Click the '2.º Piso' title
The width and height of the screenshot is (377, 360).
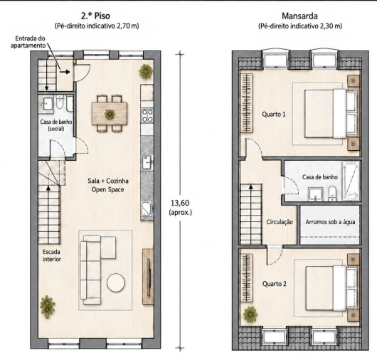(x=96, y=16)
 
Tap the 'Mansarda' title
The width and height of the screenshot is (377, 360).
(x=299, y=16)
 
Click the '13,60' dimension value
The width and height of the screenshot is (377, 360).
(x=180, y=203)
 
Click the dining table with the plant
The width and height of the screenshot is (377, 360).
(x=110, y=113)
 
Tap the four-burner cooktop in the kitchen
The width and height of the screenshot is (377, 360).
(x=147, y=116)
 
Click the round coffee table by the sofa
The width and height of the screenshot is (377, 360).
(x=116, y=282)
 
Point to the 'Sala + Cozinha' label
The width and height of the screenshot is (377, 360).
(x=108, y=181)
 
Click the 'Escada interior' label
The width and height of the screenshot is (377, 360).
(x=51, y=255)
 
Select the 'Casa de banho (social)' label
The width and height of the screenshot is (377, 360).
(x=56, y=125)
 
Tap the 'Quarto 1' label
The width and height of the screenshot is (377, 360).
(x=274, y=115)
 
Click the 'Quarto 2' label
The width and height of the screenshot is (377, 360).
(x=275, y=284)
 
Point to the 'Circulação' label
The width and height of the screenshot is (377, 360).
(x=280, y=222)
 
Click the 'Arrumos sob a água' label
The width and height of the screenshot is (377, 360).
(x=330, y=222)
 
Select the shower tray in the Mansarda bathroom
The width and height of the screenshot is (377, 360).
(x=351, y=181)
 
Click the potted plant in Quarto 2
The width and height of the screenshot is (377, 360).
(x=250, y=314)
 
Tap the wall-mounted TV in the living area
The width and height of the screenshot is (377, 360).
(x=149, y=277)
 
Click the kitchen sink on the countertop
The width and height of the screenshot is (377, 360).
(x=147, y=162)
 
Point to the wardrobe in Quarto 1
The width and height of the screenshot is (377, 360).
(x=247, y=102)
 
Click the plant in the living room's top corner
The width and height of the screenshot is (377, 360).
(x=146, y=71)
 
